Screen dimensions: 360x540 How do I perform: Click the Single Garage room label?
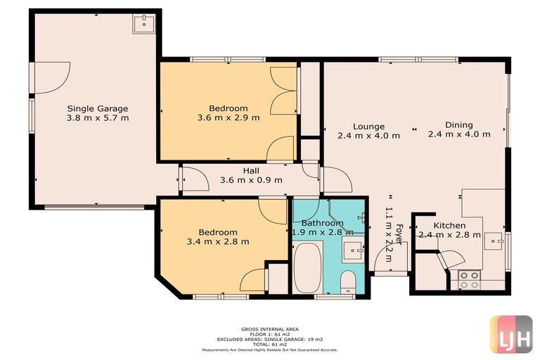click(98, 108)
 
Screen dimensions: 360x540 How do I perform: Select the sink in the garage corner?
click(143, 25)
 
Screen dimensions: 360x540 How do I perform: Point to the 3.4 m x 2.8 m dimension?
click(218, 242)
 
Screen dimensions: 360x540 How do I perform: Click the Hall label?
click(251, 170)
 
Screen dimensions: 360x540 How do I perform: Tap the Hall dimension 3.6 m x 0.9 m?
click(251, 180)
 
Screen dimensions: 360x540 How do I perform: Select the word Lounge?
click(368, 126)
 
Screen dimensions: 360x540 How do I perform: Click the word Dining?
click(458, 125)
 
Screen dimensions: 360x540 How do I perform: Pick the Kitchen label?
click(449, 225)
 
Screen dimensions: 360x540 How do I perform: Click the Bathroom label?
click(317, 224)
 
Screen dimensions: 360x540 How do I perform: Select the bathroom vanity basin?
click(353, 247)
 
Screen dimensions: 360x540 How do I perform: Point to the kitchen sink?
click(496, 239)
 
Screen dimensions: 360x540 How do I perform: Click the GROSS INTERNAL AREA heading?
click(270, 328)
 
